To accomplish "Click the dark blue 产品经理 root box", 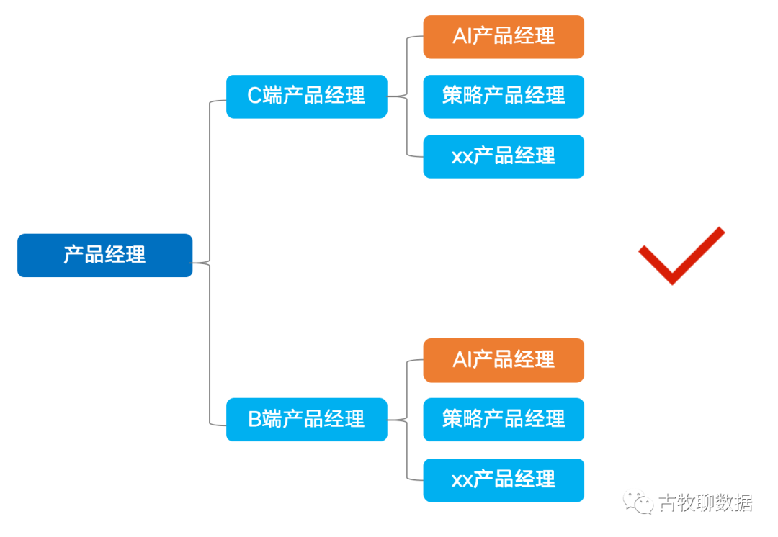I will (x=104, y=255).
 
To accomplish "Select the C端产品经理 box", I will (x=306, y=96).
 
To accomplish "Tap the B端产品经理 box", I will (x=306, y=419).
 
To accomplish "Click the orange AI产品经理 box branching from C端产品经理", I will (x=504, y=36).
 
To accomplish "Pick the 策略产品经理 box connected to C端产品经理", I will (x=504, y=96).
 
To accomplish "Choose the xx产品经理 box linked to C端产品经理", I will (x=504, y=156).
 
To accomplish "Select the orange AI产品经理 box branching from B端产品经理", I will (x=504, y=360).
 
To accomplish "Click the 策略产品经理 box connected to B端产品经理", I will (x=504, y=419).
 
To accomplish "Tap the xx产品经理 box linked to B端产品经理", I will (x=504, y=479).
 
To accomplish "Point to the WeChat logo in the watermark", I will (x=638, y=502).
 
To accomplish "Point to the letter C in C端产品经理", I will (x=255, y=96).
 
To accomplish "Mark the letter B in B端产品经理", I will (x=255, y=419).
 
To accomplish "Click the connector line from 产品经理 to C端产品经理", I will (x=210, y=180).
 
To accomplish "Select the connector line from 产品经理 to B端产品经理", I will (x=210, y=346).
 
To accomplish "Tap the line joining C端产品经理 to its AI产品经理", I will (x=408, y=65).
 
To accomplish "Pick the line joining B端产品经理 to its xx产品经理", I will (x=408, y=453).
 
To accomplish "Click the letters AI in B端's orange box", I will (x=462, y=360).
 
